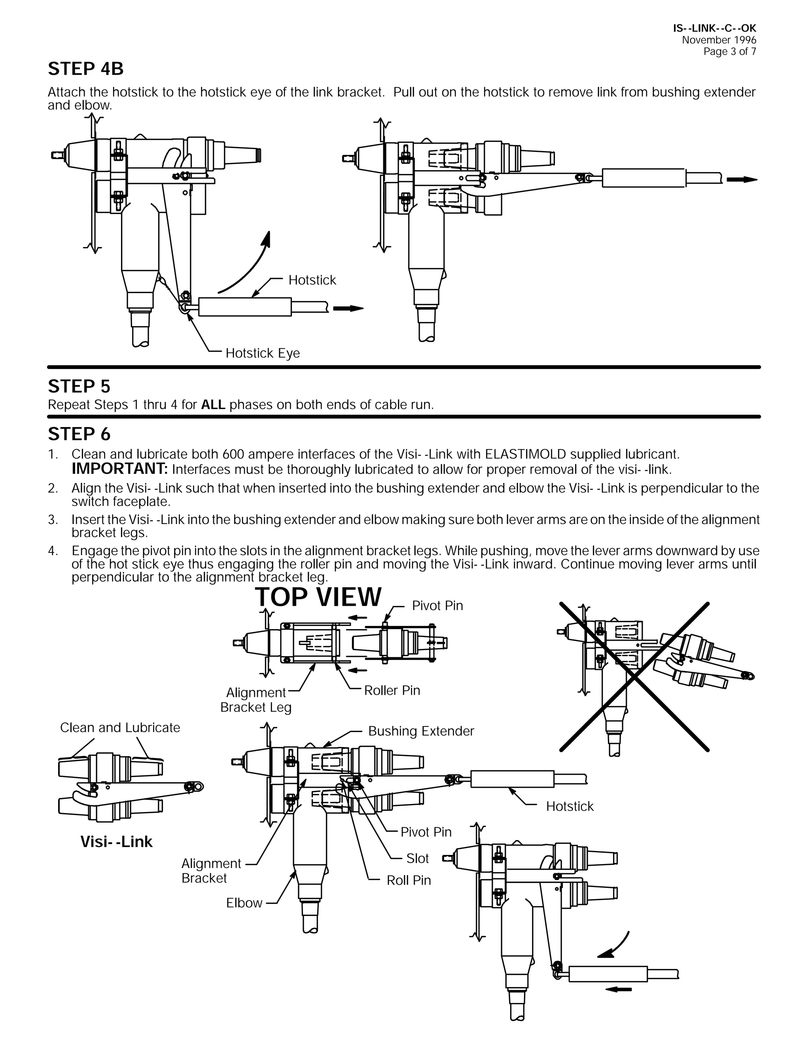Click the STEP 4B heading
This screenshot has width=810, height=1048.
pyautogui.click(x=85, y=69)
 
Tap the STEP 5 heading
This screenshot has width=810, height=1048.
pyautogui.click(x=79, y=386)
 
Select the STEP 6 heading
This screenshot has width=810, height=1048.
pyautogui.click(x=79, y=434)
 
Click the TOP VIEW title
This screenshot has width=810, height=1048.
pyautogui.click(x=318, y=597)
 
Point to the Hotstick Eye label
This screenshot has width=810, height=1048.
pyautogui.click(x=263, y=353)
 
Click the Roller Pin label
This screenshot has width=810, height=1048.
pyautogui.click(x=392, y=690)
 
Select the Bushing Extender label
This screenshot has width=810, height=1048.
pyautogui.click(x=421, y=731)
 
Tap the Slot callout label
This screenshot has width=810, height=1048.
pyautogui.click(x=417, y=859)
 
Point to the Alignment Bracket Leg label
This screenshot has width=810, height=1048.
pyautogui.click(x=256, y=700)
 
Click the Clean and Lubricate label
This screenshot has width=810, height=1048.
pyautogui.click(x=120, y=727)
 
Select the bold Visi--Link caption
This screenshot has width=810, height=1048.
pyautogui.click(x=116, y=842)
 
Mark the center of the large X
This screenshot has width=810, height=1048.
pyautogui.click(x=634, y=677)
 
